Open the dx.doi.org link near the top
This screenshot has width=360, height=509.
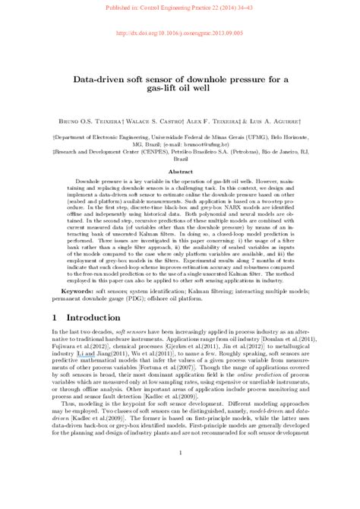tap(180, 34)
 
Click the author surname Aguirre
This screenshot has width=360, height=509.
tap(285, 120)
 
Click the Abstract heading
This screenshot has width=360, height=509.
tap(180, 172)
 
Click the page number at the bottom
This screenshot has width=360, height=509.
tap(180, 475)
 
